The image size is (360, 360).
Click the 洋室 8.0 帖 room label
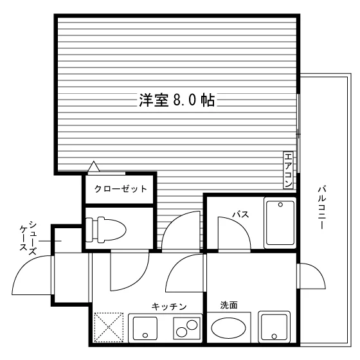(x=177, y=100)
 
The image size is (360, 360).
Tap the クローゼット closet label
(x=121, y=189)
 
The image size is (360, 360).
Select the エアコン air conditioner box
(x=288, y=170)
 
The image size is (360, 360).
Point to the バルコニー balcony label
(x=322, y=208)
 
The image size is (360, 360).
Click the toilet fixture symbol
(x=105, y=230)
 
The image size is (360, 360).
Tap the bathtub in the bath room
(x=280, y=222)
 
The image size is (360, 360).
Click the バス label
(x=240, y=215)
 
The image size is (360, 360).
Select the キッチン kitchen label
(x=169, y=307)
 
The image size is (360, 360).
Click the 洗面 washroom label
(x=229, y=305)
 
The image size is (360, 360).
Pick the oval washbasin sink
(x=228, y=328)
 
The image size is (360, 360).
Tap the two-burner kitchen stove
(x=186, y=328)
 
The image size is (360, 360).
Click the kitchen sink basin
(x=145, y=328)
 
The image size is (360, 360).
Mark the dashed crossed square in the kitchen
(x=109, y=327)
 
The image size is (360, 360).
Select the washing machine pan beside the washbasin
(x=274, y=327)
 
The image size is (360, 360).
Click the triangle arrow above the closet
(x=94, y=166)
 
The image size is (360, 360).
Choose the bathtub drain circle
(x=280, y=204)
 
